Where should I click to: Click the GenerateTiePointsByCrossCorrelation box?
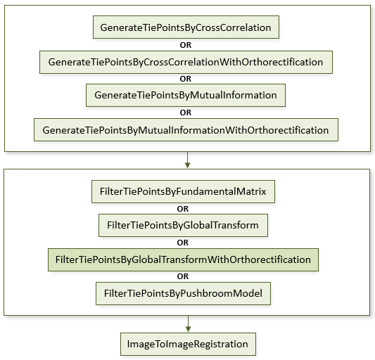pyautogui.click(x=186, y=27)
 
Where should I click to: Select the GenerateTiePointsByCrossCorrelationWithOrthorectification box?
pyautogui.click(x=186, y=62)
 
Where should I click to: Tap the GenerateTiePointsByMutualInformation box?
pyautogui.click(x=186, y=95)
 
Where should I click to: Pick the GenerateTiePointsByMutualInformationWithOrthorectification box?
pyautogui.click(x=186, y=129)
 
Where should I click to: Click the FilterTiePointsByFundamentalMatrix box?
pyautogui.click(x=183, y=191)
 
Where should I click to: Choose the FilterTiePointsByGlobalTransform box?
pyautogui.click(x=183, y=225)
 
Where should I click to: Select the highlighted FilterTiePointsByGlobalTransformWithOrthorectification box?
pyautogui.click(x=183, y=259)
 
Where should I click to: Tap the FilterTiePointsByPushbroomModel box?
pyautogui.click(x=183, y=293)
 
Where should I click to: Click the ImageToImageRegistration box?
pyautogui.click(x=188, y=344)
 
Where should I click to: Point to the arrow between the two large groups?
pyautogui.click(x=187, y=160)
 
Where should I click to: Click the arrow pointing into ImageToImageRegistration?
pyautogui.click(x=189, y=323)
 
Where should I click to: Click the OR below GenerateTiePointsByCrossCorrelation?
pyautogui.click(x=186, y=45)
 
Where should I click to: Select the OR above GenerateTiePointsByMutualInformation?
pyautogui.click(x=186, y=79)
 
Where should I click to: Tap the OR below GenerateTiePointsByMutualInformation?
pyautogui.click(x=186, y=112)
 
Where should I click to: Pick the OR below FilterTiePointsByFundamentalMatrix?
pyautogui.click(x=183, y=209)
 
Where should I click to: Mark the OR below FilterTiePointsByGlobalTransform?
pyautogui.click(x=183, y=243)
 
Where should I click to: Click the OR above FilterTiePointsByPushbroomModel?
pyautogui.click(x=183, y=276)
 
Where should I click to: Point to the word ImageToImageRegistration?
pyautogui.click(x=187, y=345)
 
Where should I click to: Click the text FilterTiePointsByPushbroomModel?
pyautogui.click(x=183, y=293)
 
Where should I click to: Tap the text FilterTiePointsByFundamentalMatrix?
pyautogui.click(x=183, y=191)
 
